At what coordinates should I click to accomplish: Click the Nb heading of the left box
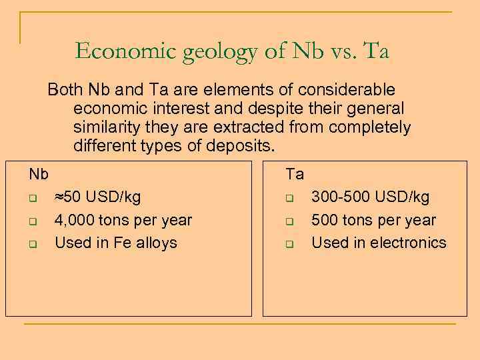pos(38,175)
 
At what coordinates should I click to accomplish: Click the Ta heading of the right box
pos(295,175)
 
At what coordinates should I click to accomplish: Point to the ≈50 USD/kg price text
pos(97,197)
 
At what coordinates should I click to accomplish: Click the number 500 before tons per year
pos(325,221)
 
